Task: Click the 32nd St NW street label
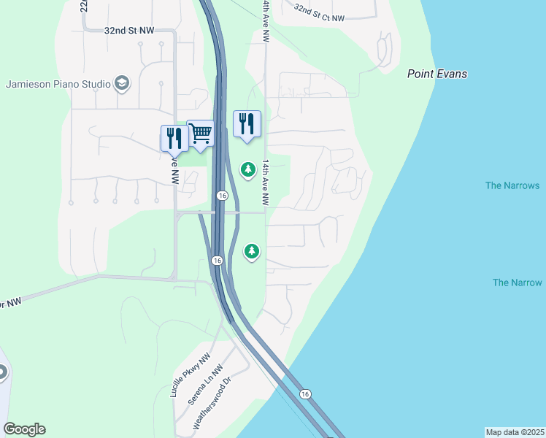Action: tap(129, 31)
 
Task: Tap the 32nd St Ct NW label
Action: tap(319, 12)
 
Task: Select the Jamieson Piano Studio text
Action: tap(58, 83)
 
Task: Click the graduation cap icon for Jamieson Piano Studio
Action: tap(122, 83)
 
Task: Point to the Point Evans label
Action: tap(437, 74)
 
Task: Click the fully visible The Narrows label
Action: tap(512, 185)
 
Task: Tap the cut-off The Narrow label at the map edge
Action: tap(518, 283)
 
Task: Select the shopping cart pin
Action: tap(200, 134)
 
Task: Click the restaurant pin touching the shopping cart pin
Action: tap(174, 137)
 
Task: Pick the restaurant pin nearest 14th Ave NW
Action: tap(247, 124)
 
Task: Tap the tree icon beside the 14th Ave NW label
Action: tap(248, 169)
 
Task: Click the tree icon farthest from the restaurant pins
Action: tap(252, 251)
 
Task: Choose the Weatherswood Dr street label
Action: tap(211, 402)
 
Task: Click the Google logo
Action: tap(24, 429)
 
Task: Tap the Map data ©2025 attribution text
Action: tap(515, 432)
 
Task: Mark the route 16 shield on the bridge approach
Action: tap(305, 394)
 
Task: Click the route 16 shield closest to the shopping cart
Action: tap(223, 196)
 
